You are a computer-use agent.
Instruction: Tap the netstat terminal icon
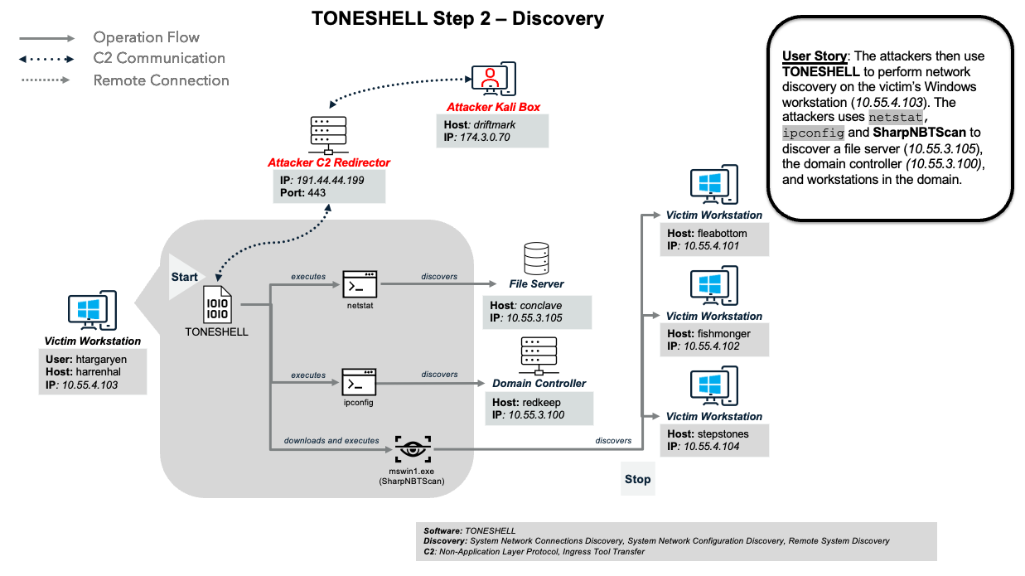click(x=360, y=283)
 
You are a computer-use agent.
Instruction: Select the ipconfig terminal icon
click(x=360, y=383)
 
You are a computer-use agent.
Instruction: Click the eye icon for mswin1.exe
click(x=411, y=449)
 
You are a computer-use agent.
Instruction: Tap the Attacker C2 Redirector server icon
click(x=327, y=135)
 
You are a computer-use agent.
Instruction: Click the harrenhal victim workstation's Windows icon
click(x=92, y=311)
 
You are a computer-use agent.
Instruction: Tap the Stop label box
click(x=637, y=479)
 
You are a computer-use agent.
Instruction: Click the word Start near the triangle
click(x=185, y=276)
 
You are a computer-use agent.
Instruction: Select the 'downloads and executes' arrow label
click(x=331, y=440)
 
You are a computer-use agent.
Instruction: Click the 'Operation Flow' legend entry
click(x=146, y=37)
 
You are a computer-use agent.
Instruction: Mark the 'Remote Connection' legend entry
click(x=161, y=80)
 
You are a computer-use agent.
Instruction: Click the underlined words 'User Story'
click(x=815, y=56)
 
